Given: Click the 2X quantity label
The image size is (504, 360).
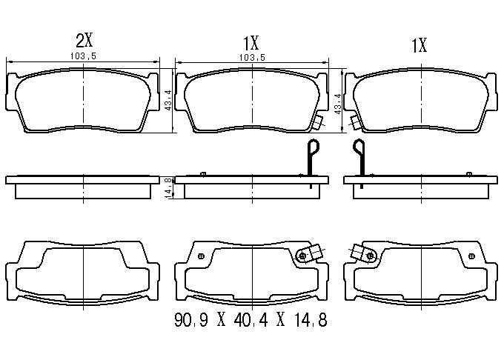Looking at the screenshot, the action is coord(84,41).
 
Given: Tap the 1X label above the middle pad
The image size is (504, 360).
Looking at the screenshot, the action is coord(251,43).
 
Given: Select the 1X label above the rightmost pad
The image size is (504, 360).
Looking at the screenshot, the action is coord(420,45).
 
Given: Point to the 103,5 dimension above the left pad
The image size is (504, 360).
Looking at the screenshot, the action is coord(83,56).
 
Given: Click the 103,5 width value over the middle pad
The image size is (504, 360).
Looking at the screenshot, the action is coord(252,58).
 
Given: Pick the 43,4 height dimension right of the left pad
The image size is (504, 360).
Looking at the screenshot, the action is coord(168,100).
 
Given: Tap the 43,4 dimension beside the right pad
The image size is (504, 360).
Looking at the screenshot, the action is coord(337,104).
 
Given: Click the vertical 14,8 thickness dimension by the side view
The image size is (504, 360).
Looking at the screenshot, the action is coord(168,188).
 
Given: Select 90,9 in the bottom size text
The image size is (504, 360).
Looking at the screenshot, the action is coord(191,320).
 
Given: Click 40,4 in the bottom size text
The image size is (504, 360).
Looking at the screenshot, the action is coord(251,320).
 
